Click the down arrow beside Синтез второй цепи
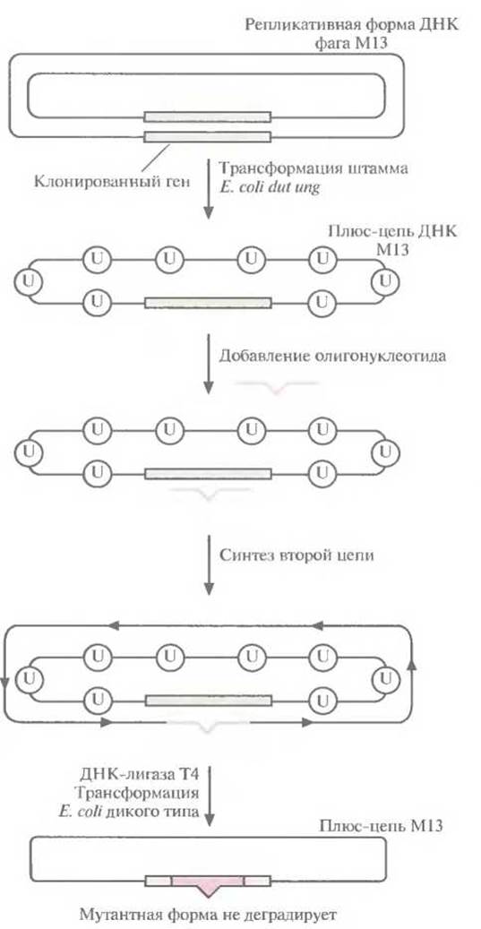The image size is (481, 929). (208, 566)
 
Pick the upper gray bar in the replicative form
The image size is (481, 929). (207, 116)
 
